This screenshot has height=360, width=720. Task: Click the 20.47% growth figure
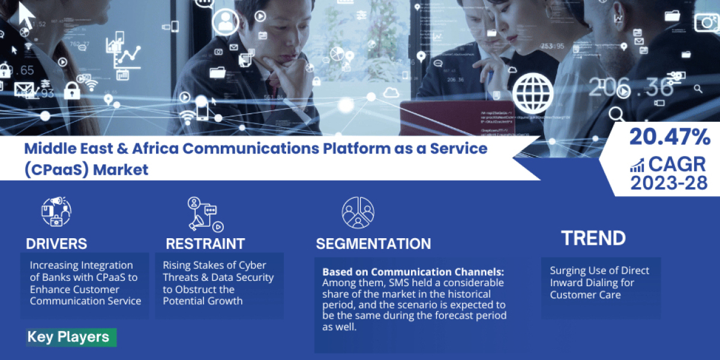click(670, 138)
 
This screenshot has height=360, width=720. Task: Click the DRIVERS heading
click(56, 244)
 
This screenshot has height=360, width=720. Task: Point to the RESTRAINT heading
click(205, 244)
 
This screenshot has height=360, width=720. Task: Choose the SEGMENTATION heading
click(373, 244)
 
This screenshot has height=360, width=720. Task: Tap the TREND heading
click(593, 238)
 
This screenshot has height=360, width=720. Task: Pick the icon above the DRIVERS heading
click(56, 212)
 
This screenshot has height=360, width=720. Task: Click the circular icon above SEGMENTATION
click(358, 212)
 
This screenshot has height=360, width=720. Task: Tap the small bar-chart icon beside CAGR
click(637, 164)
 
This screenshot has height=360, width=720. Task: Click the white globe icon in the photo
click(533, 94)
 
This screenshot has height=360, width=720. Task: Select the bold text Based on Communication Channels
click(413, 272)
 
